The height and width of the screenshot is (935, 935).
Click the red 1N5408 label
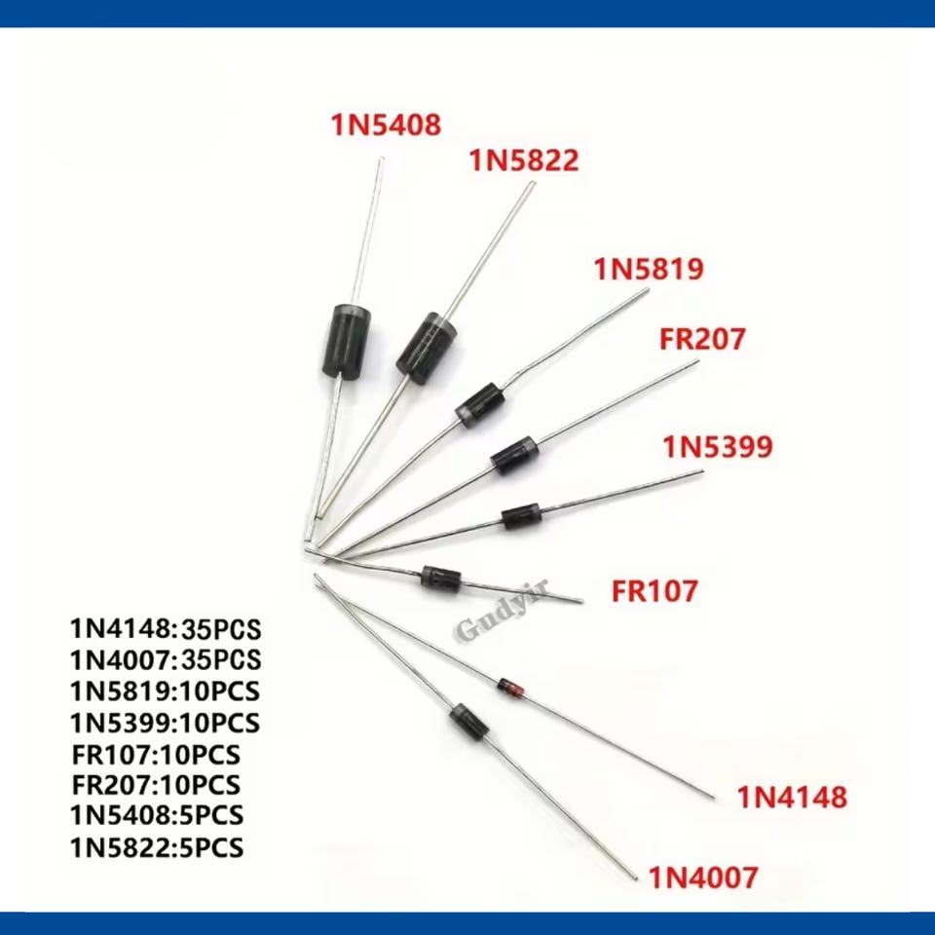pos(386,125)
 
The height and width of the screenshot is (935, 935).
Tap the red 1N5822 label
pos(524,161)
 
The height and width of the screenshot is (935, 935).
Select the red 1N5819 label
pos(649,269)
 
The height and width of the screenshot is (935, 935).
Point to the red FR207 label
pos(702,339)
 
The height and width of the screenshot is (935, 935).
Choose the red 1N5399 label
pos(718,447)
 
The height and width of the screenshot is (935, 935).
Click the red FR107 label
pos(654,591)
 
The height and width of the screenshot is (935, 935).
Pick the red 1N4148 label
pos(793,798)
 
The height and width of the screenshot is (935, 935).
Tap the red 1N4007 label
pos(703,878)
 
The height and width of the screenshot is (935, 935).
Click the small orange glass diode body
pos(511,687)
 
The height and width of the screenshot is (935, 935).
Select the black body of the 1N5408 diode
pos(347,341)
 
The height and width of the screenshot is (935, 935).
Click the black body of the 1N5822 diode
pos(427,349)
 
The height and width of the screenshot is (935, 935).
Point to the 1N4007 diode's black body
pos(470,722)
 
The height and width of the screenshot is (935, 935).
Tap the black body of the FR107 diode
pos(441,579)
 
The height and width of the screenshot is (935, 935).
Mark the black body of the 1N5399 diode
pos(522,516)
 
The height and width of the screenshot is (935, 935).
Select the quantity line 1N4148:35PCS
pos(166,629)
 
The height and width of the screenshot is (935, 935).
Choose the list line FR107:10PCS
pos(156,754)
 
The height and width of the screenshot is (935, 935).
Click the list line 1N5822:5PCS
pos(157,847)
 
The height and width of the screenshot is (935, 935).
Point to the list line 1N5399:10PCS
pos(166,723)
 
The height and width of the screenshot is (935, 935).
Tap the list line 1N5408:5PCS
pos(157,815)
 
